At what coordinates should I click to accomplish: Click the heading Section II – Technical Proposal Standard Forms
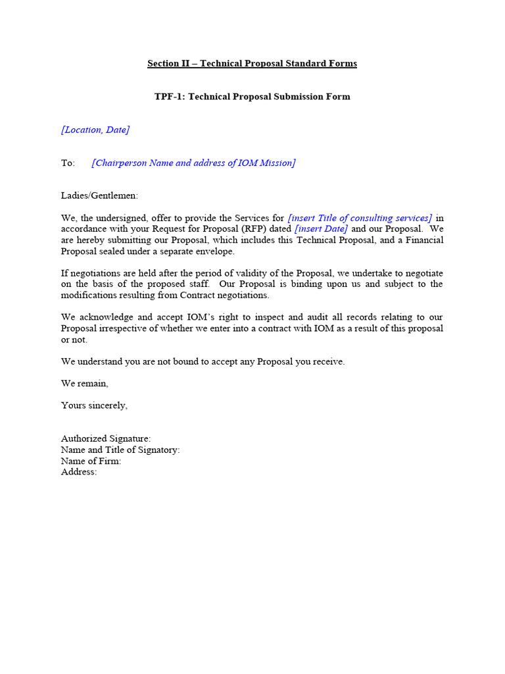(x=252, y=64)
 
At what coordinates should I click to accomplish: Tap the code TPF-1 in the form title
(x=169, y=97)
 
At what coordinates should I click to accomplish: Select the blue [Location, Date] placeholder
(x=95, y=130)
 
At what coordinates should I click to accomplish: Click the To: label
(x=68, y=163)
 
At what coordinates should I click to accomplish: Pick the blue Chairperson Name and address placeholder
(x=193, y=163)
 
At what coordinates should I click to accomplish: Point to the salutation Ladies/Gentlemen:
(x=100, y=196)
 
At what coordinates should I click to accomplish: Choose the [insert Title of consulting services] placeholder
(x=360, y=218)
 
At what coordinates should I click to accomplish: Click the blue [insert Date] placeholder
(x=321, y=229)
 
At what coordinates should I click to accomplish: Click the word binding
(x=311, y=284)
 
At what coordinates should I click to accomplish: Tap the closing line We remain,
(x=85, y=384)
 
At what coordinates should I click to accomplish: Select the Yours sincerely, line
(x=94, y=405)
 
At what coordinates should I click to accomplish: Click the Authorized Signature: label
(x=106, y=438)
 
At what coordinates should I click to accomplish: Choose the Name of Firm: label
(x=91, y=461)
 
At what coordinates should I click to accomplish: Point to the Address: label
(x=79, y=472)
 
